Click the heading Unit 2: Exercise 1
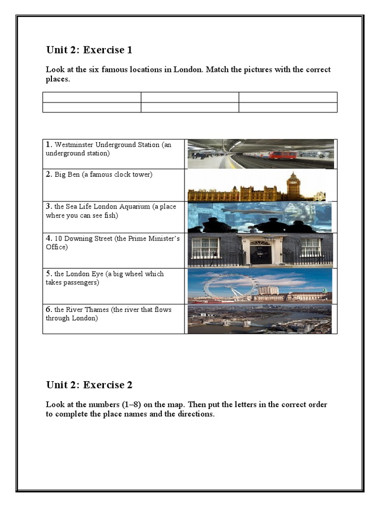click(89, 50)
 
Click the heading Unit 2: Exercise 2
click(89, 385)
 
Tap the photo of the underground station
click(260, 154)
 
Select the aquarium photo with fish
click(260, 217)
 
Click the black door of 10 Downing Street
click(260, 253)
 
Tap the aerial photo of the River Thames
click(260, 319)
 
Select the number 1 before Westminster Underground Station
click(48, 145)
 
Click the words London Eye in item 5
click(86, 274)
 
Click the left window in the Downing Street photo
click(205, 247)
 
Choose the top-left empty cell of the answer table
click(92, 97)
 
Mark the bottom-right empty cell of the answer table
click(288, 107)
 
